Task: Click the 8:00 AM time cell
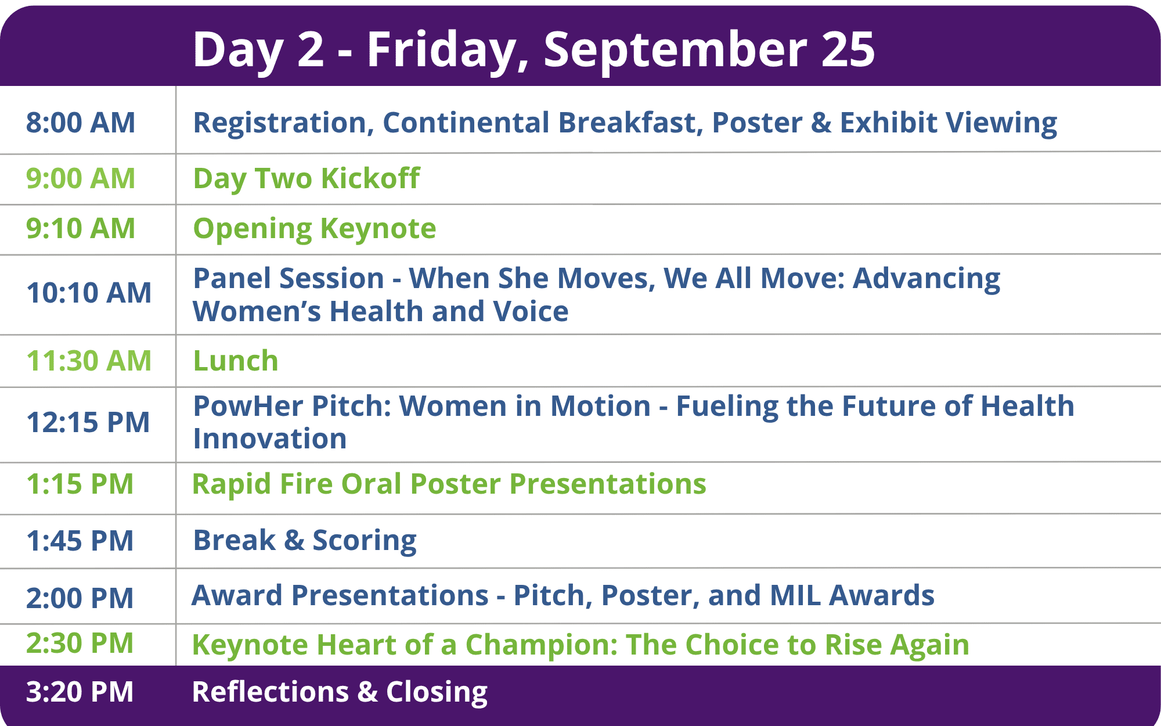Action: pos(81,123)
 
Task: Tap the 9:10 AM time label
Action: pos(81,228)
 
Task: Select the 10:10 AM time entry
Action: pos(89,293)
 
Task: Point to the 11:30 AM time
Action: pos(89,361)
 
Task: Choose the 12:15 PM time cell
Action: pos(88,422)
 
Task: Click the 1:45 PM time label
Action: pos(80,541)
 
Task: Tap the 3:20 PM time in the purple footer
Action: pos(80,692)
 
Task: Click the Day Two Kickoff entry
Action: pos(307,179)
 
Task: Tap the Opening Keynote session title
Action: pos(315,229)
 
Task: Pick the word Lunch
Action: pos(236,361)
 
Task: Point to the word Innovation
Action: pos(270,439)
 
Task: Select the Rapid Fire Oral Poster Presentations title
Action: pos(449,484)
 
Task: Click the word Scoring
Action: pos(365,541)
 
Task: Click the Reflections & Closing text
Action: pos(340,692)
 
